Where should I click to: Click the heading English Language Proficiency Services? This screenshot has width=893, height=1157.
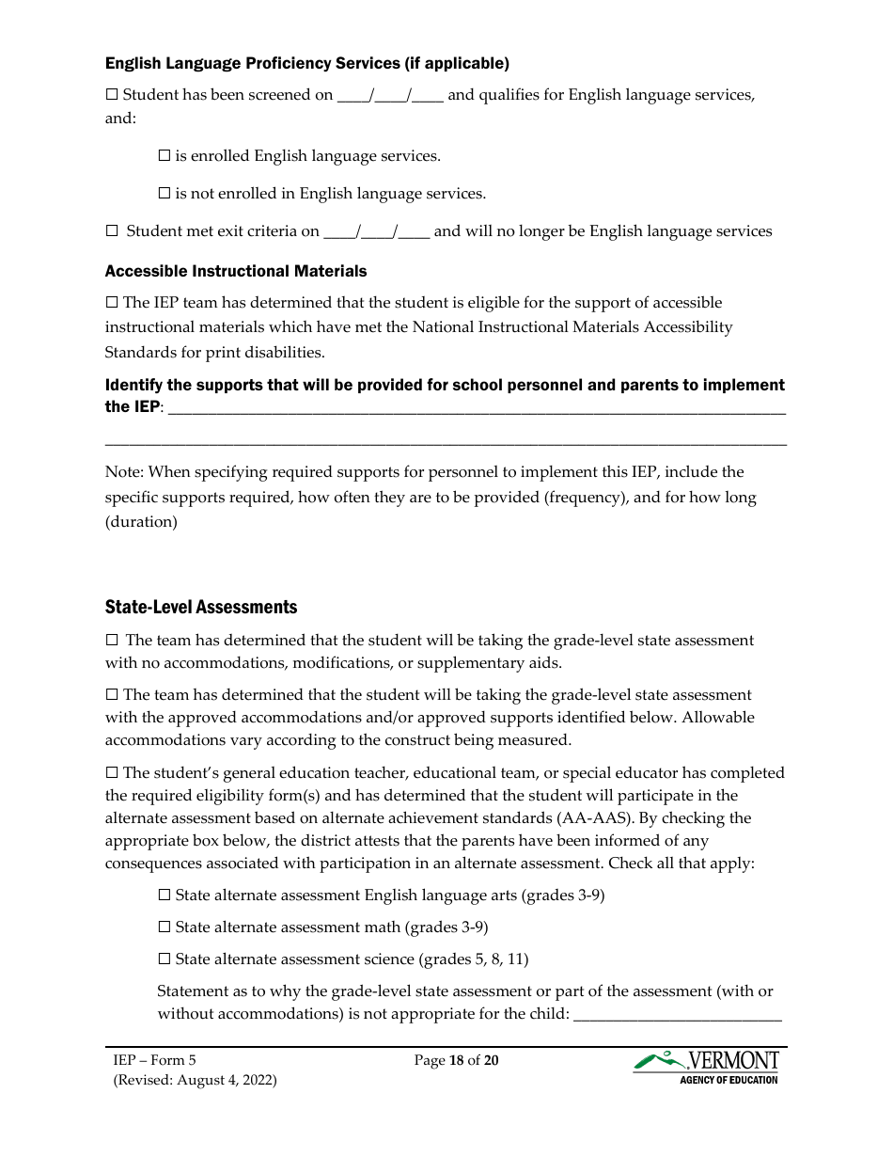tap(306, 64)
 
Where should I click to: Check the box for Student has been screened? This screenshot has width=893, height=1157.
tap(112, 95)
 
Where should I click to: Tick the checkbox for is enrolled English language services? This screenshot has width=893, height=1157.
tap(164, 156)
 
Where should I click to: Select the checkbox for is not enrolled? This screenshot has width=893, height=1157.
tap(164, 194)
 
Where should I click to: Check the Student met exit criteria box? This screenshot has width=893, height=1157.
tap(112, 231)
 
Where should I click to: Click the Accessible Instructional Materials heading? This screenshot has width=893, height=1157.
tap(236, 271)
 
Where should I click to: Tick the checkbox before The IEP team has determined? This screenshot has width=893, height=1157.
tap(112, 303)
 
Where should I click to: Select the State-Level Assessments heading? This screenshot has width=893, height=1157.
tap(201, 607)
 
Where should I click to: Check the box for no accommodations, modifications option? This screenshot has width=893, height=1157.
tap(112, 641)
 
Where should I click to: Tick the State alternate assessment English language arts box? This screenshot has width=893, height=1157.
tap(164, 895)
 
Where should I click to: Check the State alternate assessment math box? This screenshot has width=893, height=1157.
tap(164, 927)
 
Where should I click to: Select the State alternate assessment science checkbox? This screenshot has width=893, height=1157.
tap(164, 959)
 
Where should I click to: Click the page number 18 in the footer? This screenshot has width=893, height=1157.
tap(457, 1061)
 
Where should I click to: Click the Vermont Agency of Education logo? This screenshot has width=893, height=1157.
tap(706, 1067)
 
